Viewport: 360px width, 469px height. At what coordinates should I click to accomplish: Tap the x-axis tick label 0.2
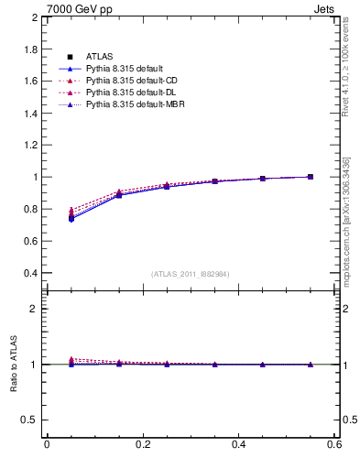142,444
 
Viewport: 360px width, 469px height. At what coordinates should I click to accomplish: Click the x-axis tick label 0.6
334,444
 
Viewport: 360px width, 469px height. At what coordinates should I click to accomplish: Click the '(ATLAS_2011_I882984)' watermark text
191,274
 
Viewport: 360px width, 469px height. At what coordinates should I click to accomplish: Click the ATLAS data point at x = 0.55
310,177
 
